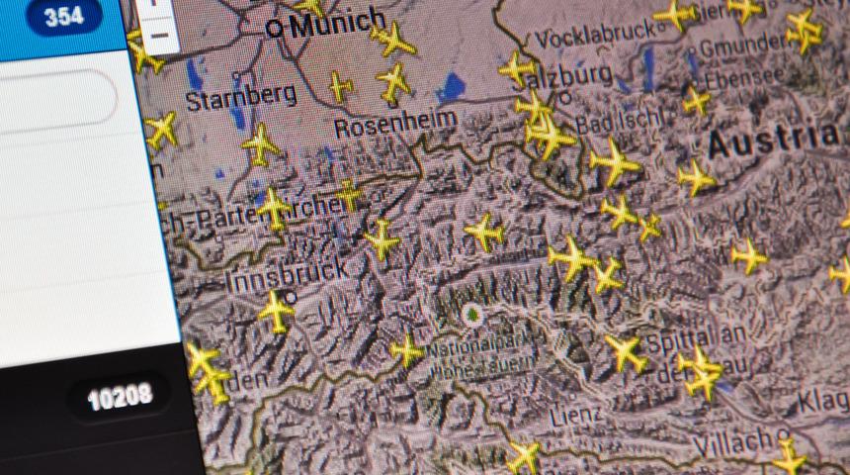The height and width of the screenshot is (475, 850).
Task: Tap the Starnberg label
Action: coord(241,97)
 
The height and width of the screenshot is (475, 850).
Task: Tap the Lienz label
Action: coord(574,413)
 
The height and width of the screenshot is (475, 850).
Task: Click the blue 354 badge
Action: coord(65,17)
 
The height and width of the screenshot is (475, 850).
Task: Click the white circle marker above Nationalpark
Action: coord(470,316)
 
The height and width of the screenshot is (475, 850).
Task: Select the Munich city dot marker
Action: coord(274,29)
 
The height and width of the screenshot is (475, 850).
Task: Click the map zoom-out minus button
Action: coord(158,34)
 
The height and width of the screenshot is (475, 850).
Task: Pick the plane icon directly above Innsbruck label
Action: coord(273,209)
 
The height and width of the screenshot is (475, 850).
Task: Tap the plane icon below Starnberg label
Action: coord(260,144)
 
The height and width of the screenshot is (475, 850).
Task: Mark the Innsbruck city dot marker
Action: coord(291,295)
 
